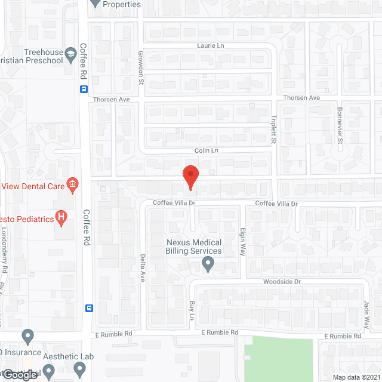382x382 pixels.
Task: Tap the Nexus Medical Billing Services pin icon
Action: tap(208, 263)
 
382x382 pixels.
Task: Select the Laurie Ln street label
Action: tap(210, 45)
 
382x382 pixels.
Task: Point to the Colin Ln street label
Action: tap(206, 150)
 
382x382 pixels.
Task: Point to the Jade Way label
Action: tap(366, 314)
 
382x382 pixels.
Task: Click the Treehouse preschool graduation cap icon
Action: tap(70, 53)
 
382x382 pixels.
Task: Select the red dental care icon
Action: tap(73, 184)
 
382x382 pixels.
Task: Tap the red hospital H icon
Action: tap(60, 218)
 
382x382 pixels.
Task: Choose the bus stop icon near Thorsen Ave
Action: tap(84, 90)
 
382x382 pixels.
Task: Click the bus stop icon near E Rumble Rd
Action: tap(89, 308)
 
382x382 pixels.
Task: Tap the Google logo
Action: tap(20, 375)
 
